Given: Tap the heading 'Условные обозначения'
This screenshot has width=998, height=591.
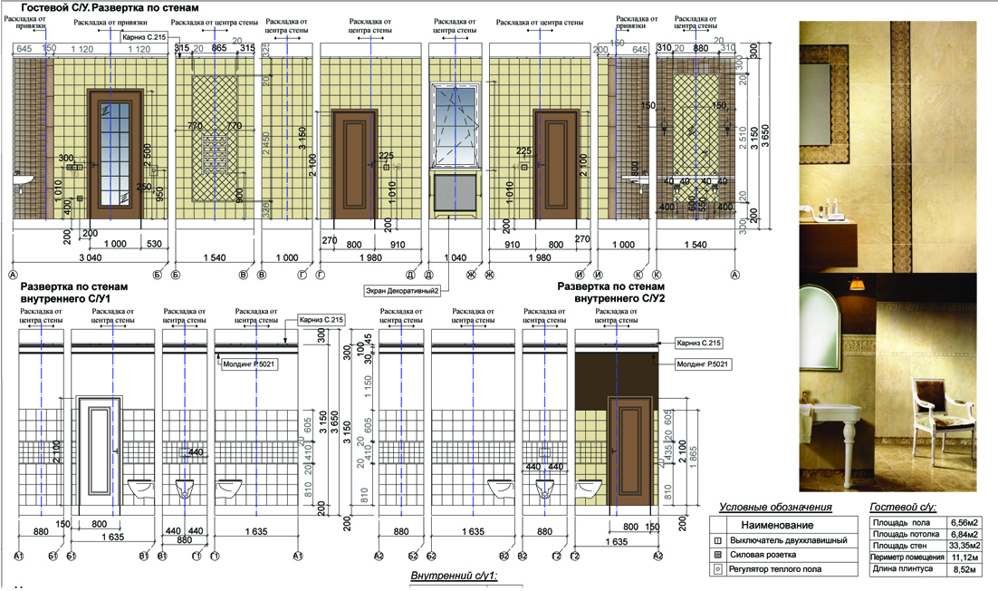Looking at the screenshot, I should (x=774, y=508).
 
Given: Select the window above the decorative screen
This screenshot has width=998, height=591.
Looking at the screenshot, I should (x=457, y=125).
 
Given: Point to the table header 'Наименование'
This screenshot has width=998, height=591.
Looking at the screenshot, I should (x=777, y=525).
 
